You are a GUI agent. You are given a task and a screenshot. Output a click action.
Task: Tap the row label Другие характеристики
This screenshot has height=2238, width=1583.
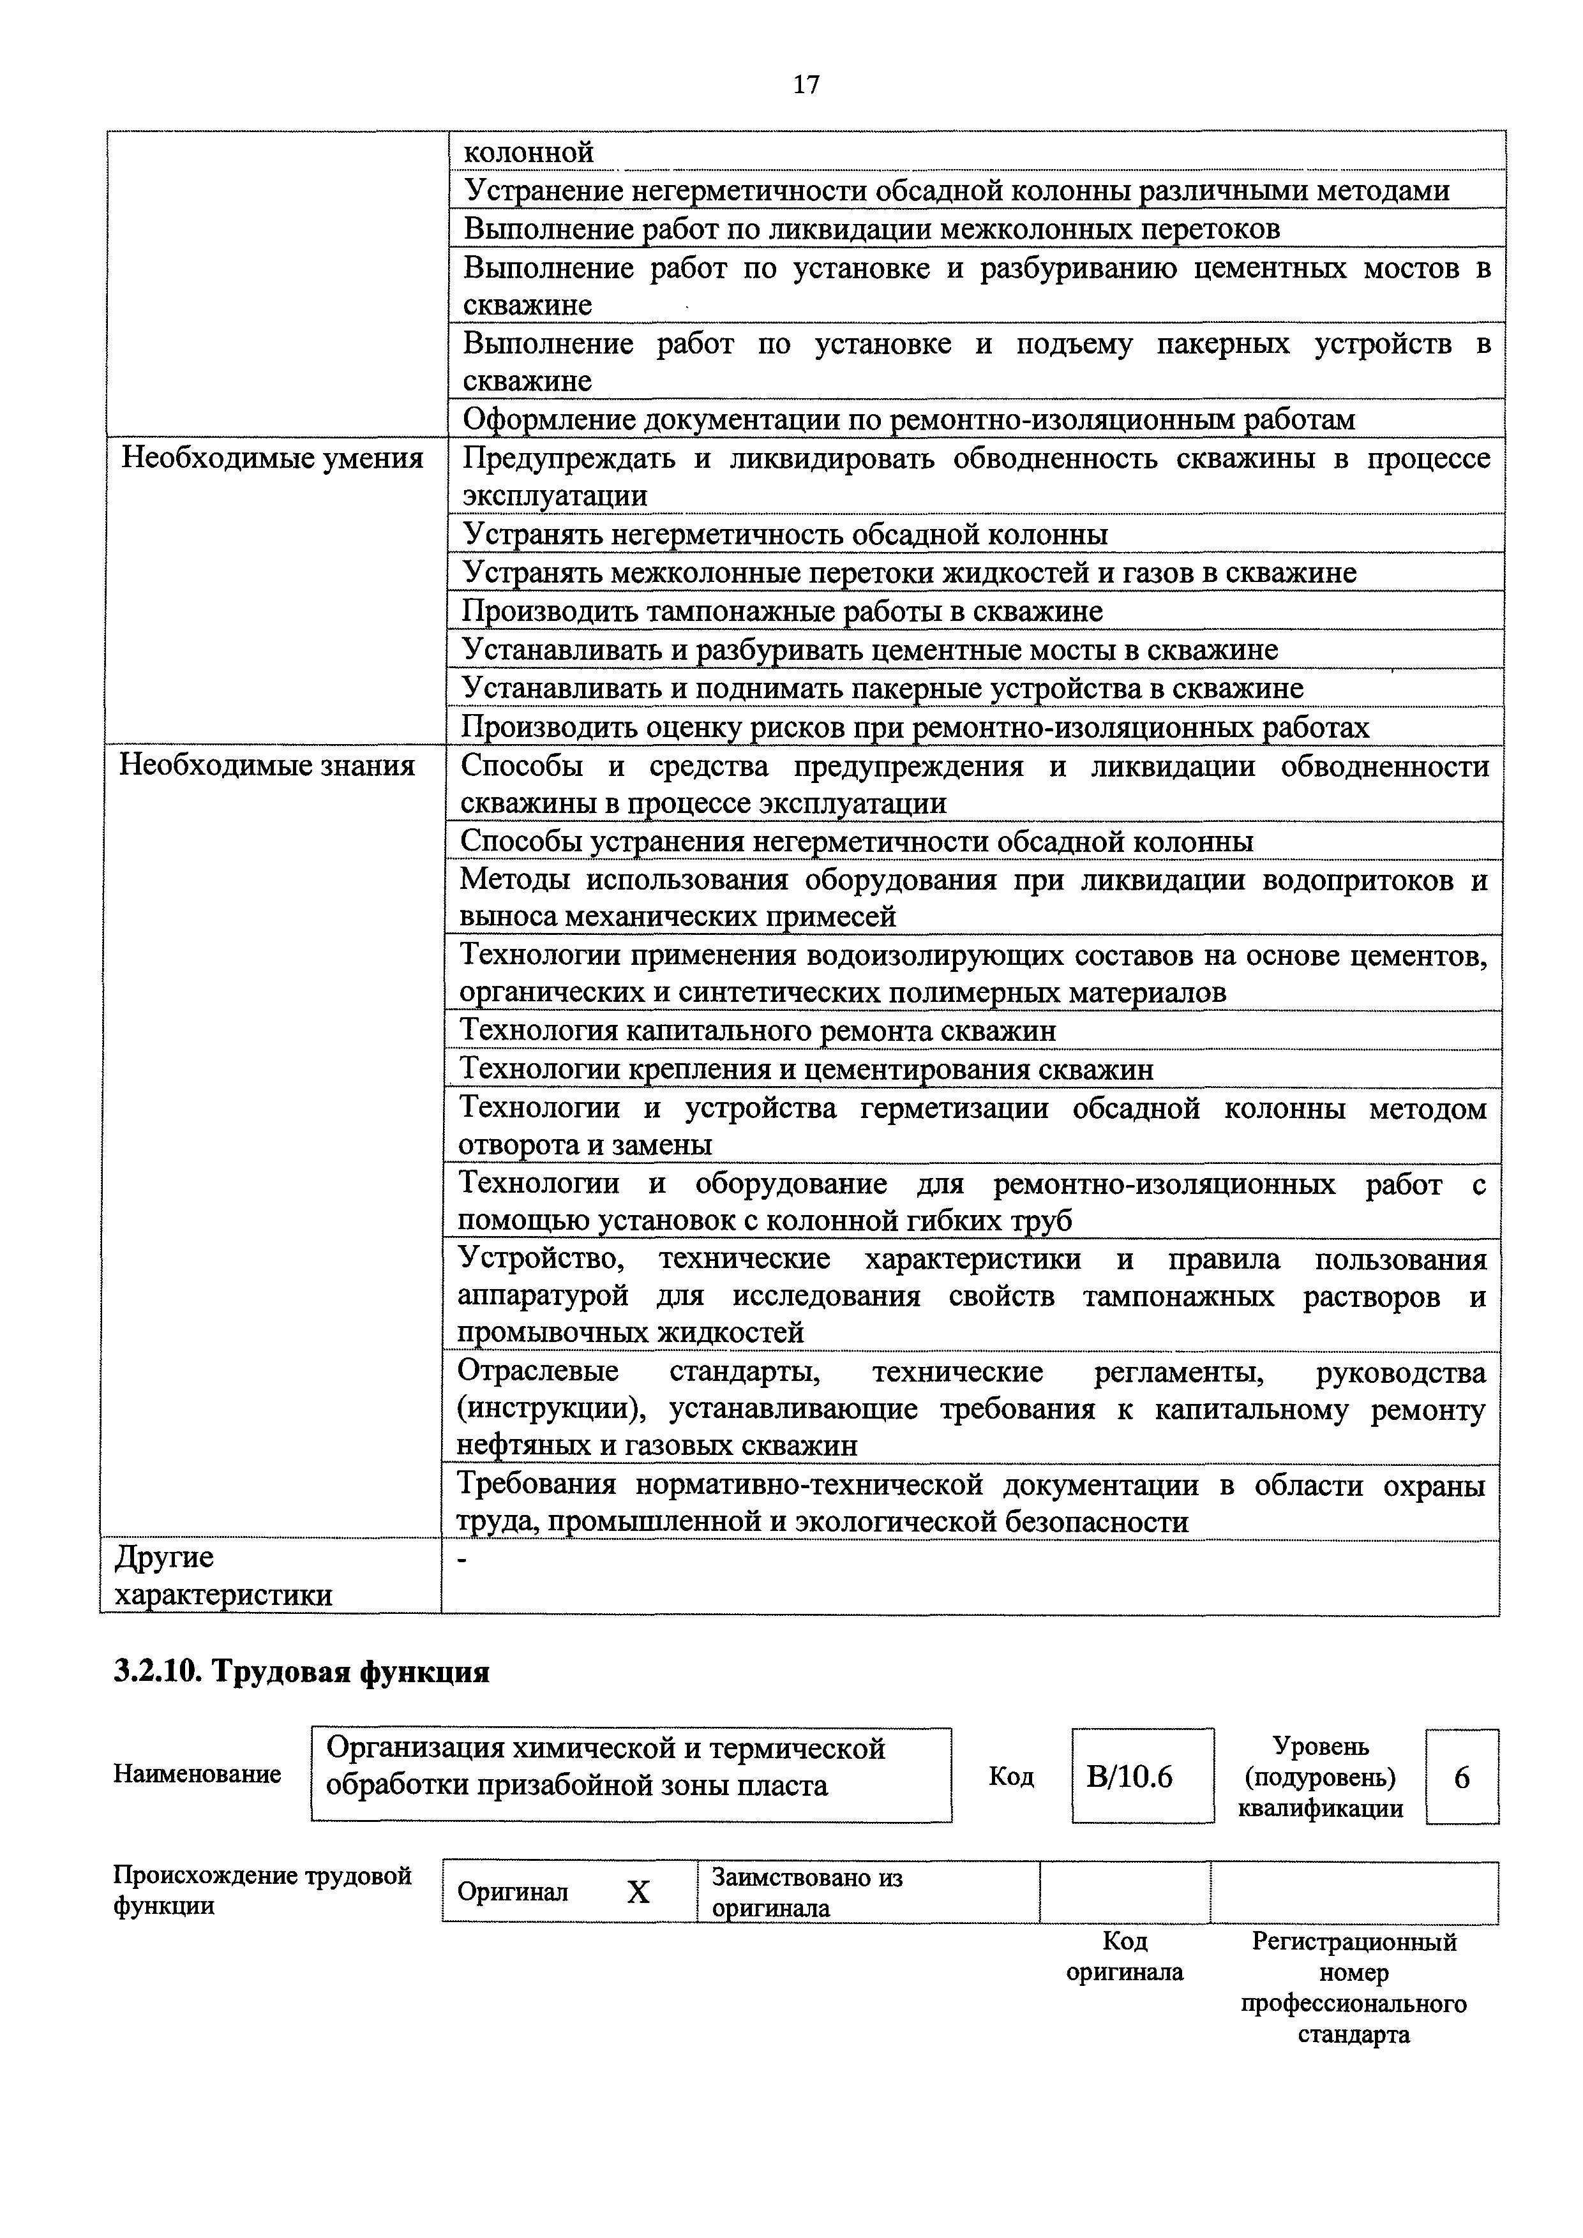point(223,1576)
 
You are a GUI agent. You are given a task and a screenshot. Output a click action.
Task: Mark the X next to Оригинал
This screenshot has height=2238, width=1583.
point(638,1893)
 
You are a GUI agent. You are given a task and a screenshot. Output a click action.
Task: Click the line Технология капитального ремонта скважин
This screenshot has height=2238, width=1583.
point(758,1031)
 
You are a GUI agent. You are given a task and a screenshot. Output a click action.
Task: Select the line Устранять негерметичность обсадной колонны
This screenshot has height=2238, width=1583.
point(784,534)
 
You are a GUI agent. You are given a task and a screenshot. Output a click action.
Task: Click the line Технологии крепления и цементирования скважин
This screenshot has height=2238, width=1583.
point(806,1070)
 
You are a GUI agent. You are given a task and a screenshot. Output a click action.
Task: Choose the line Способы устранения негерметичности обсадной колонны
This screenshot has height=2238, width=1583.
point(856,841)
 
